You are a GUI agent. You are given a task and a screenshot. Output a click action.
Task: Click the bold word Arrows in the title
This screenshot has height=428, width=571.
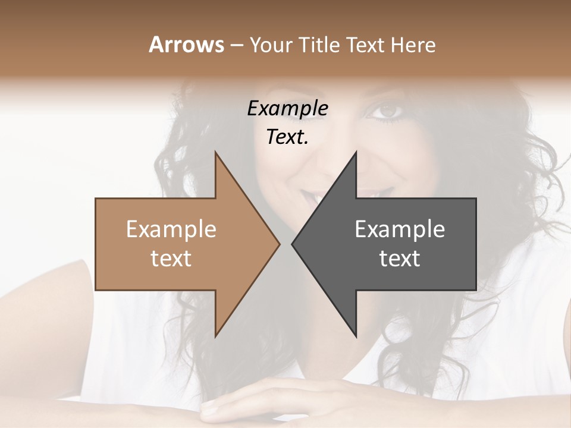click(186, 45)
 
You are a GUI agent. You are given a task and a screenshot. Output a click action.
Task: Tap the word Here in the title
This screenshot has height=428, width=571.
click(412, 45)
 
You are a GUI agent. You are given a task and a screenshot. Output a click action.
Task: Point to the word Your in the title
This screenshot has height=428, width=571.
click(271, 45)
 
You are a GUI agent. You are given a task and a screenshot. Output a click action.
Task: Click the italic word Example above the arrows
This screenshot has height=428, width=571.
click(287, 109)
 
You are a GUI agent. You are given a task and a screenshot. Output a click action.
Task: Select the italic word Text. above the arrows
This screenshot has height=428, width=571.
click(287, 137)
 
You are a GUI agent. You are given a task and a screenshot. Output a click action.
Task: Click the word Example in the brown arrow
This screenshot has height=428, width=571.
click(171, 229)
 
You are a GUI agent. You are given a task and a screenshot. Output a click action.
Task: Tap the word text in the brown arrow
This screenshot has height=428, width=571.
click(171, 259)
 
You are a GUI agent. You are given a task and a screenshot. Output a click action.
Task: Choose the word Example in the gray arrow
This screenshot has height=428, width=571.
click(400, 229)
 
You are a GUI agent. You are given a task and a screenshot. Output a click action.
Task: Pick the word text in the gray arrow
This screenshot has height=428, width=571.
click(400, 259)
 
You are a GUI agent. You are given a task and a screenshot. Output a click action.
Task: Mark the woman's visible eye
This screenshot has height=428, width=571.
click(387, 111)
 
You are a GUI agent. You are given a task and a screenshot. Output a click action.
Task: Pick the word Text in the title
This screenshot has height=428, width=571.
click(365, 45)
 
